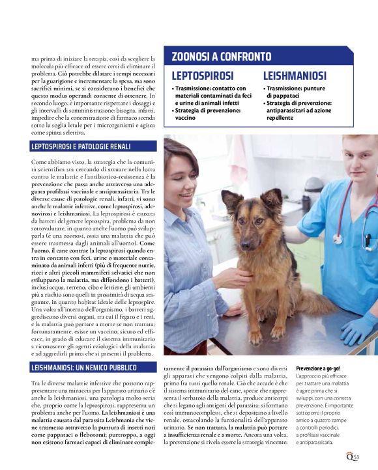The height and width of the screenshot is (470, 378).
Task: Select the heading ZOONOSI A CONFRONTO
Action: (x=221, y=57)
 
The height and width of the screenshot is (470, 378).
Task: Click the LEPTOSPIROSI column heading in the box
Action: (x=202, y=76)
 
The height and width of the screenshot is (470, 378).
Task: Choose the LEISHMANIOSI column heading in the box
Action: (x=295, y=76)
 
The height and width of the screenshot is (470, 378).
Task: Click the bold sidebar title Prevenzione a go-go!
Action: (x=318, y=368)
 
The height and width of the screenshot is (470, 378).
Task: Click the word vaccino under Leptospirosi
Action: (x=186, y=118)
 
